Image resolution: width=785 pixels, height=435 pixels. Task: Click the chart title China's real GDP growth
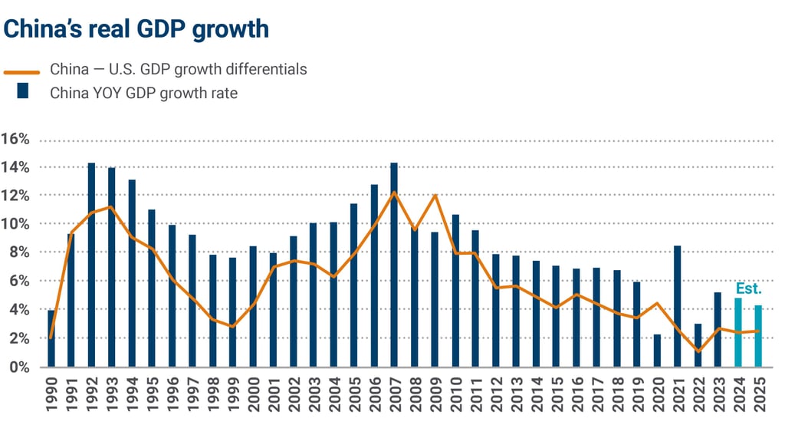pyautogui.click(x=136, y=28)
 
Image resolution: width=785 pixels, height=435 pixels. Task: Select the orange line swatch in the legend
pyautogui.click(x=22, y=71)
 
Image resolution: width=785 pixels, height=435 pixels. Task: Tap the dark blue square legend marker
pyautogui.click(x=22, y=92)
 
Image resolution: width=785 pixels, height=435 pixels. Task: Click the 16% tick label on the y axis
pyautogui.click(x=15, y=140)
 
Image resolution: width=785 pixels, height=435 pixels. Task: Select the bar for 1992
pyautogui.click(x=91, y=265)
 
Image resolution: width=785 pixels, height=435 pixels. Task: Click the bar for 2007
pyautogui.click(x=394, y=265)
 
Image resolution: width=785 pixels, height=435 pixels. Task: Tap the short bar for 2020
pyautogui.click(x=657, y=351)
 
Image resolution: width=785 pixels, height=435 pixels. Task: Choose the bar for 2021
pyautogui.click(x=677, y=306)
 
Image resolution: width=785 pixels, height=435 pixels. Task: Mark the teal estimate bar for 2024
pyautogui.click(x=738, y=332)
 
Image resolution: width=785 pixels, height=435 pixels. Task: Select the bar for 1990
pyautogui.click(x=51, y=338)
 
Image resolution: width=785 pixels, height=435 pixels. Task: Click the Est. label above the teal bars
pyautogui.click(x=748, y=288)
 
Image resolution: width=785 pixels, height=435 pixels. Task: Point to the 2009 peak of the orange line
pyautogui.click(x=435, y=195)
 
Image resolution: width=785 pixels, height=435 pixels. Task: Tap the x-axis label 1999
pyautogui.click(x=233, y=394)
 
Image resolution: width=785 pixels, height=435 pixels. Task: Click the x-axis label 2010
pyautogui.click(x=455, y=394)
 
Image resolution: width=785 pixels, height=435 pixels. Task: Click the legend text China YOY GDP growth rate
pyautogui.click(x=143, y=93)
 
